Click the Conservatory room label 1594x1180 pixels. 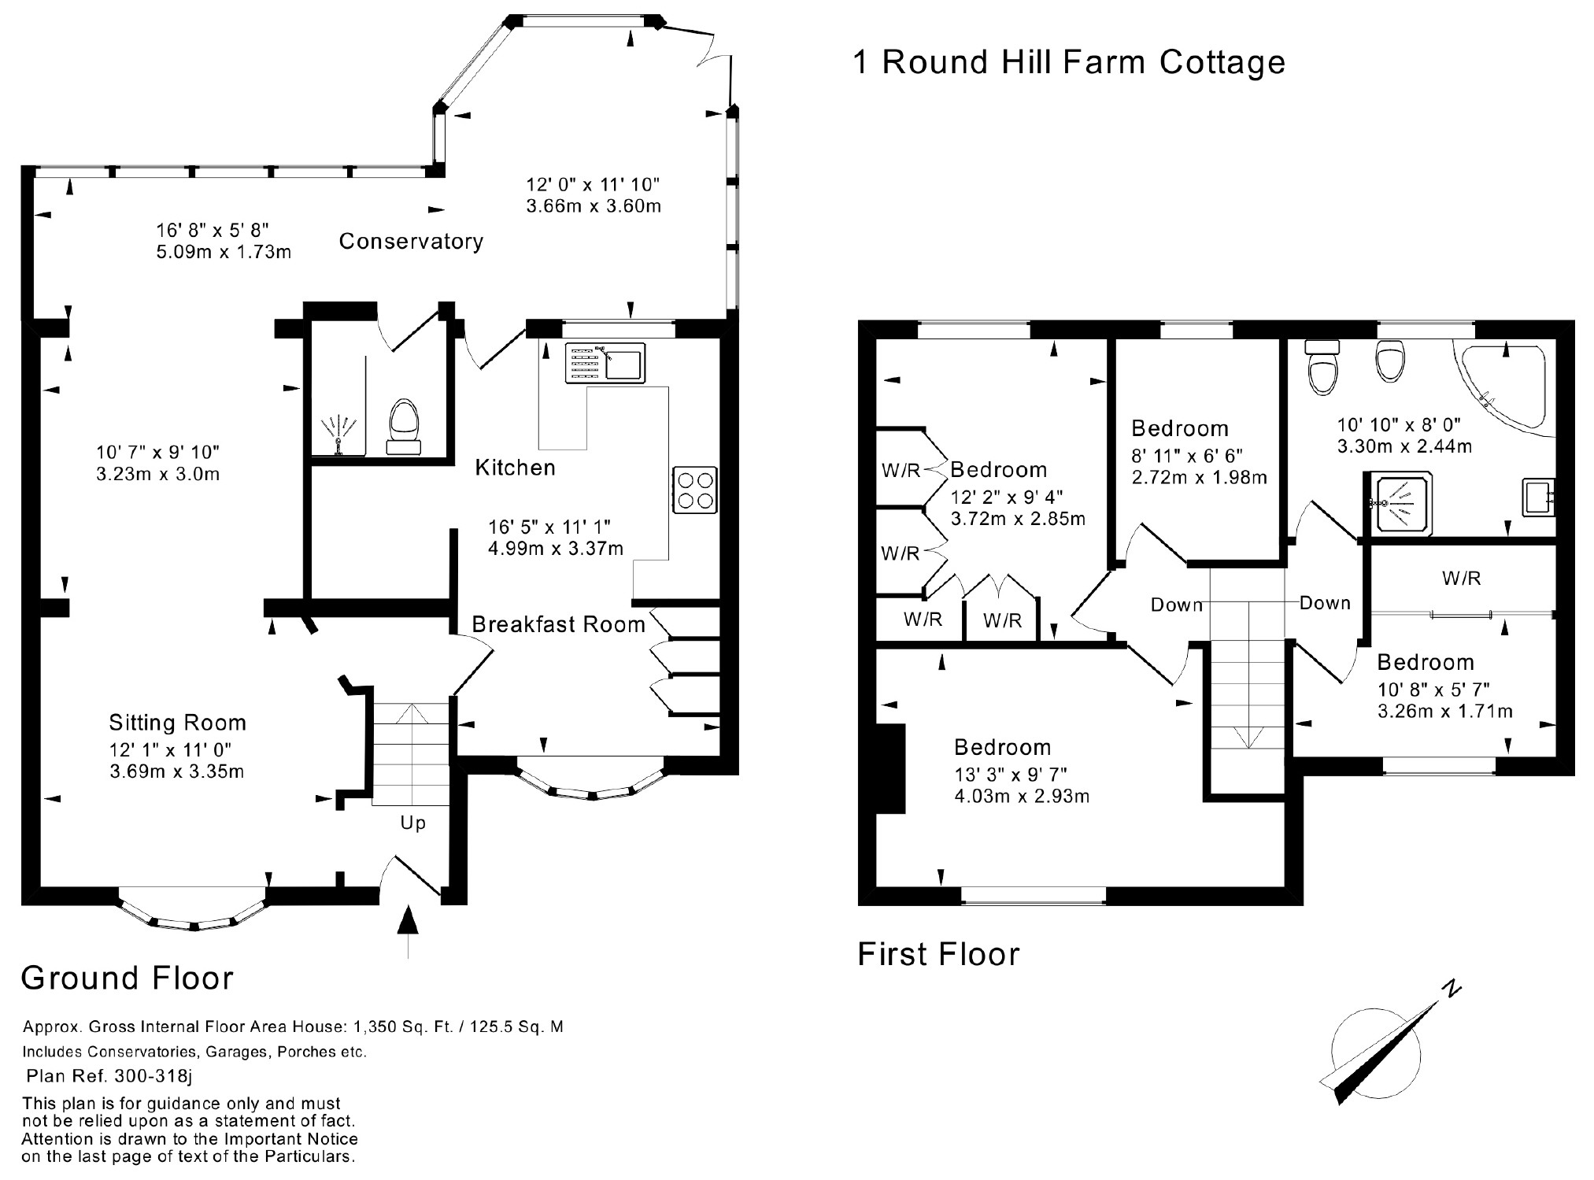(x=411, y=241)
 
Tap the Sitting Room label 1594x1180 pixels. (x=177, y=723)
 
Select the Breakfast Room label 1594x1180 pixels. (x=558, y=624)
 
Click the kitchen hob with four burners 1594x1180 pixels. (x=695, y=490)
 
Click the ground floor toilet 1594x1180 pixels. (x=405, y=425)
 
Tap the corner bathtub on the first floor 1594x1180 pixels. (x=1510, y=386)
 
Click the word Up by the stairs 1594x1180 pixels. (x=412, y=823)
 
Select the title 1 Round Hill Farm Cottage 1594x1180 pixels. (x=1068, y=62)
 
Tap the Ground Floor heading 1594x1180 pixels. (x=128, y=978)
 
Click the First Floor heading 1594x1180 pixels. (x=938, y=954)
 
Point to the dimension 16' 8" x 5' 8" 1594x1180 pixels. (x=213, y=230)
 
